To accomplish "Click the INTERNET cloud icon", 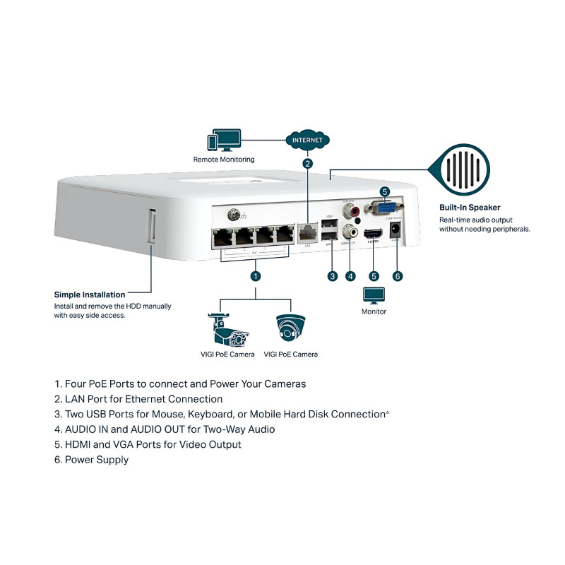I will click(307, 140).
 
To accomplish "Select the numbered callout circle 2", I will click(307, 164).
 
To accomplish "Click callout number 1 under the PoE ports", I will click(256, 276).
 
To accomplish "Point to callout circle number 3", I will click(332, 276).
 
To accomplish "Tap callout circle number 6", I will click(397, 276).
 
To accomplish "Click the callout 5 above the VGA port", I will click(385, 191).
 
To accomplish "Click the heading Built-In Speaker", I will click(470, 208).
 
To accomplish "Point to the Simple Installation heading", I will click(90, 295).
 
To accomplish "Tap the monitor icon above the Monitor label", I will click(374, 295).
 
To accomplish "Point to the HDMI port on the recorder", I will click(373, 232).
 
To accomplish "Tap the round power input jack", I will click(395, 230).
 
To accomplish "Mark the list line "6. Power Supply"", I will click(92, 460).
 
